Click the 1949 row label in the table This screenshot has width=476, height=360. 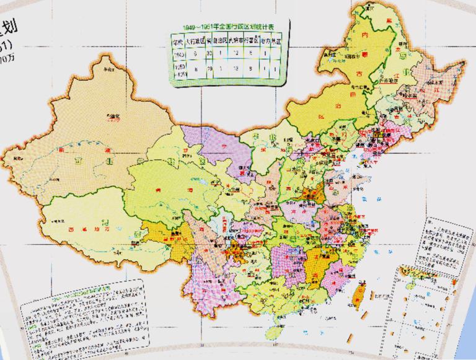pos(177,54)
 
